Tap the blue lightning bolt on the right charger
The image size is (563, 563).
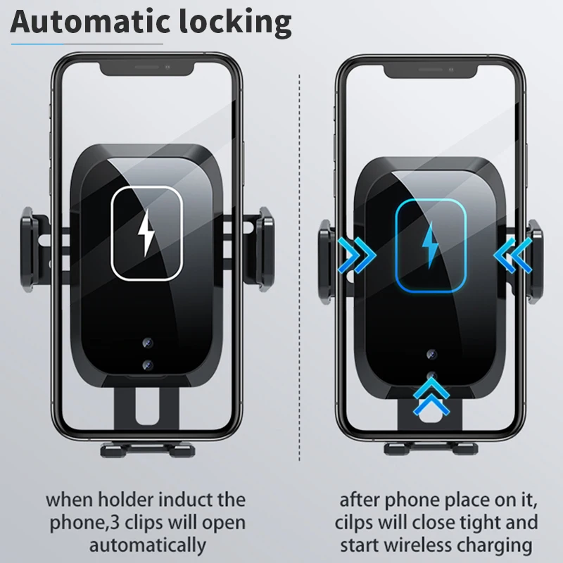click(x=429, y=242)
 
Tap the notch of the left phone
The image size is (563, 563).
click(x=147, y=68)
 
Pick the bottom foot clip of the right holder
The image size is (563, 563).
click(x=431, y=448)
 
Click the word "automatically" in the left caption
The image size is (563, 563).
click(x=146, y=545)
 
